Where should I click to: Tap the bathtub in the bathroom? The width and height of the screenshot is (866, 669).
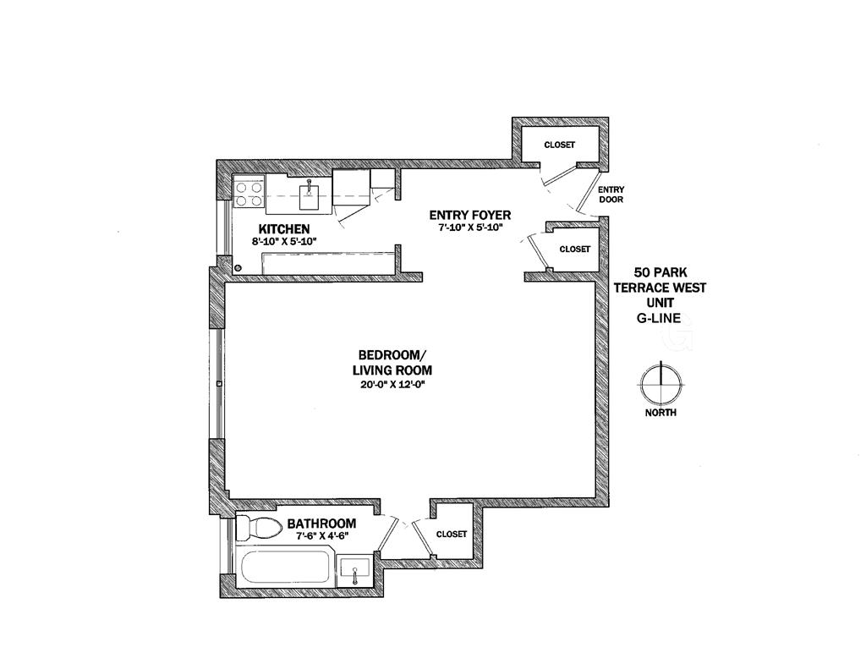click(x=285, y=568)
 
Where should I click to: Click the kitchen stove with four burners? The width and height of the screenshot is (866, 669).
click(x=249, y=195)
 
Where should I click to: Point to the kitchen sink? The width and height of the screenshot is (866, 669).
click(x=310, y=196)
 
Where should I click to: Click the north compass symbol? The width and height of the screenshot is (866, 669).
click(x=660, y=384)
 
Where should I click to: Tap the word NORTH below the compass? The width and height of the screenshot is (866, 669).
click(x=660, y=413)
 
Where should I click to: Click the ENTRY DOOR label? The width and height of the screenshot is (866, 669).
click(x=610, y=195)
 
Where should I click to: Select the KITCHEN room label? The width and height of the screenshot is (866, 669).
click(x=283, y=229)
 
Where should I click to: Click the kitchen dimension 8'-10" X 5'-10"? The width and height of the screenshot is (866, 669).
click(x=283, y=241)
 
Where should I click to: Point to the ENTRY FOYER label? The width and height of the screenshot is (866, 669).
click(x=469, y=215)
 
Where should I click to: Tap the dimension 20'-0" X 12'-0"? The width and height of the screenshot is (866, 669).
click(x=392, y=385)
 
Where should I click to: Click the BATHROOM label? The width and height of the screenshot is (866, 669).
click(x=321, y=524)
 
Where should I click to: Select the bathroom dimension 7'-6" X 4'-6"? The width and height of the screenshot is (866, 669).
click(x=322, y=535)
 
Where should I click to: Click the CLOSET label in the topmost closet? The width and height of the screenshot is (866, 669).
click(x=559, y=145)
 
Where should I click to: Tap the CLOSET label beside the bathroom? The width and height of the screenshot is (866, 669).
click(x=452, y=534)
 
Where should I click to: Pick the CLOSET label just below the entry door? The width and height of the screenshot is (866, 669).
click(x=574, y=249)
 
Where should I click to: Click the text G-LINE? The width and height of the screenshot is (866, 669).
click(x=660, y=319)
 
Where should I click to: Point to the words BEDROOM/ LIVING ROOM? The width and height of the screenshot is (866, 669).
click(x=392, y=362)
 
